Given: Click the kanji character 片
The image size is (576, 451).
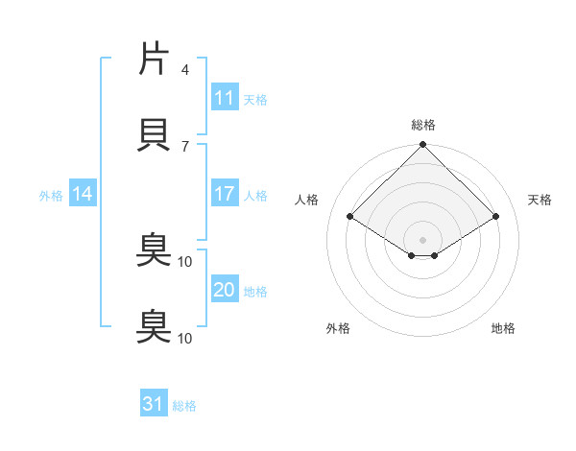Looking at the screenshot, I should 155,59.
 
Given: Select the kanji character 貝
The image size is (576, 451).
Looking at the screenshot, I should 155,134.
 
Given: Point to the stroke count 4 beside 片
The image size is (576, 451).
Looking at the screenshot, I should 185,70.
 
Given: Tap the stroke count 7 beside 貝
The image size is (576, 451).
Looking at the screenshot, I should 185,145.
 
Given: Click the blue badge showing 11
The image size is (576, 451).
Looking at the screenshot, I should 225,98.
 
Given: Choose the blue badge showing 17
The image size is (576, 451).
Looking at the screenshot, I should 225,194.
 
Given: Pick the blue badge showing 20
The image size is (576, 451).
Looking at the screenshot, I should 225,290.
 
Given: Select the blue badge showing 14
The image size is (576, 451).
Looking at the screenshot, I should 83,194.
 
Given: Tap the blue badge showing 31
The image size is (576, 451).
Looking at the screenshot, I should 154,404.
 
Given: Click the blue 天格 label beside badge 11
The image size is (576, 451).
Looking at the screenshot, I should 255,99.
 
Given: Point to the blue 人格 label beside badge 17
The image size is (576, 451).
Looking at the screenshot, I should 255,195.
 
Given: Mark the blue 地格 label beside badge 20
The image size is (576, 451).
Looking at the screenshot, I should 255,291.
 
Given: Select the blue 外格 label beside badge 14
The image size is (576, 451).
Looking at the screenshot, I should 51,195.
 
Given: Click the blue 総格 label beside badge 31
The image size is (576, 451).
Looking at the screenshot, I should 184,405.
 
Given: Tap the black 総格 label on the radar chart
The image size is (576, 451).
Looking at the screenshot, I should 423,125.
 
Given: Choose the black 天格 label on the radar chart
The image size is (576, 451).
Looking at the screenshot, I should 540,200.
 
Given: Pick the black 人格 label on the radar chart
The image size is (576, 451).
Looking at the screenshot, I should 307,200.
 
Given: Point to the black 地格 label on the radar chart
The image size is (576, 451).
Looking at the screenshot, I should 503,328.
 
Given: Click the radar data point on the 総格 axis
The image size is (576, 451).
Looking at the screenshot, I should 423,146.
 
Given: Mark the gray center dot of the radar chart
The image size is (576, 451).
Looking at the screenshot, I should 423,239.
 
